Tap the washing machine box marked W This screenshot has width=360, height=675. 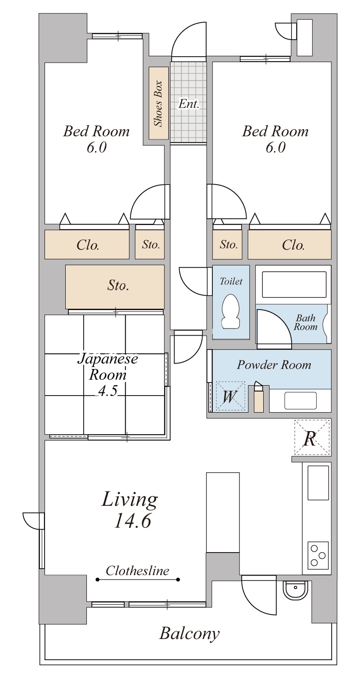[230, 396]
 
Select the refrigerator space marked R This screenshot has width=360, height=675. [312, 437]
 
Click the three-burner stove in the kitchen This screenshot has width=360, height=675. [318, 555]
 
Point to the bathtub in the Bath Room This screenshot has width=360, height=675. [294, 284]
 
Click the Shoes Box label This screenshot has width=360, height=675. [158, 103]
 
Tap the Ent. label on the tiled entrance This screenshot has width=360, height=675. [189, 104]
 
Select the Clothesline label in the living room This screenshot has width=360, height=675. [137, 571]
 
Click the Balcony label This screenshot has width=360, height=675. [189, 634]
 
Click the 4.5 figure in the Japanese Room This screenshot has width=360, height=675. [108, 391]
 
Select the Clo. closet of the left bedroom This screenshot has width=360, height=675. [87, 244]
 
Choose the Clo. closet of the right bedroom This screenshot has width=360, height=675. [289, 244]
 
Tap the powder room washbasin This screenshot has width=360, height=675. [300, 400]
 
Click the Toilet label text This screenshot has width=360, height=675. [231, 281]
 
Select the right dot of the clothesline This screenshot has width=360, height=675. [178, 580]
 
